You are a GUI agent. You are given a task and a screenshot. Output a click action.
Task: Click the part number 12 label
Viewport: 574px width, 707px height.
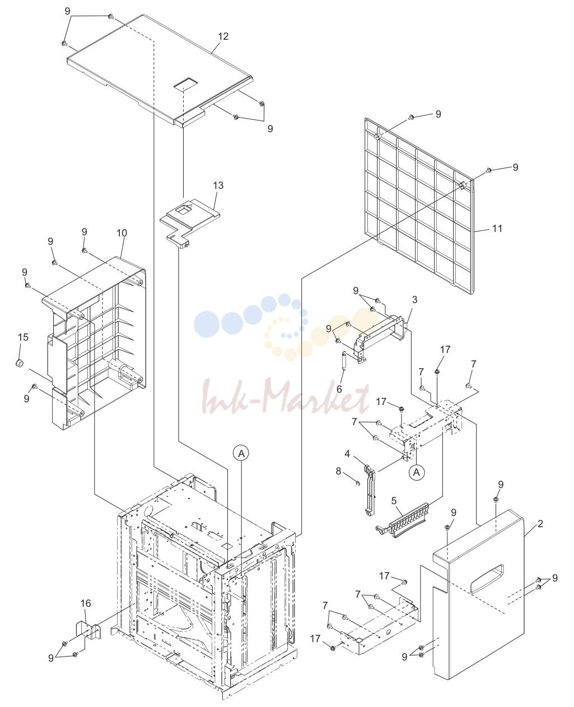(x=223, y=36)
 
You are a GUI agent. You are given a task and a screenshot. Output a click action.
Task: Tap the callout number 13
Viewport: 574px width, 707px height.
(x=218, y=185)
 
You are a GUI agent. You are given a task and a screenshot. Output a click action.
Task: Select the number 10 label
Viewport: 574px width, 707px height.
(x=122, y=233)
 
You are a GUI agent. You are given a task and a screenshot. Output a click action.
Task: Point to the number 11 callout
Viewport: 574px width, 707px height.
(x=497, y=229)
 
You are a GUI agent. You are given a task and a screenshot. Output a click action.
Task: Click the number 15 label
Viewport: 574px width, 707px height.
(x=23, y=337)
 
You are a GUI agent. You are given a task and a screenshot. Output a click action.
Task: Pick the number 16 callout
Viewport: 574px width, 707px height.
(x=86, y=603)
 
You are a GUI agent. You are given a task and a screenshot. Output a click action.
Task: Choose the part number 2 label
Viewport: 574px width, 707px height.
(x=540, y=523)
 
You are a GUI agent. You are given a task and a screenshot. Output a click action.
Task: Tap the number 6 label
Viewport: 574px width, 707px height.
(x=339, y=389)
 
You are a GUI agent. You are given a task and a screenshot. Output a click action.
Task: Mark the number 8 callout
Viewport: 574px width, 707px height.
(x=338, y=471)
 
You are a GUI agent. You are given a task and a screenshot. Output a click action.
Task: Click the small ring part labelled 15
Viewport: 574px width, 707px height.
(x=20, y=363)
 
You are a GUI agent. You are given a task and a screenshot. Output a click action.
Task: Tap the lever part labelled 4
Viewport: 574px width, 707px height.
(x=370, y=490)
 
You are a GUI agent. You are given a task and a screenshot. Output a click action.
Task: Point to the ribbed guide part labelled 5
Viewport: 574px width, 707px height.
(x=402, y=521)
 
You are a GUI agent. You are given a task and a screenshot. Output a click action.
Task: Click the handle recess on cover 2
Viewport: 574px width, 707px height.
(x=487, y=579)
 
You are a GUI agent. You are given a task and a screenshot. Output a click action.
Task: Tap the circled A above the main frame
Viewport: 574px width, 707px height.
(x=241, y=453)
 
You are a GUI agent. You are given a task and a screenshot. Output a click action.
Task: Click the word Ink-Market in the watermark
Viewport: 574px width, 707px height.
(x=286, y=396)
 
